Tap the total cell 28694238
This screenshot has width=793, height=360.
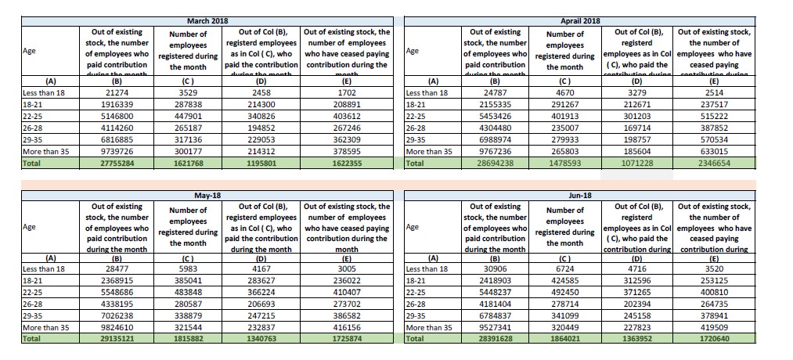click(494, 163)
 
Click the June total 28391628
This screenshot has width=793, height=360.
click(494, 340)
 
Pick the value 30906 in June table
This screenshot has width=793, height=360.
click(494, 268)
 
